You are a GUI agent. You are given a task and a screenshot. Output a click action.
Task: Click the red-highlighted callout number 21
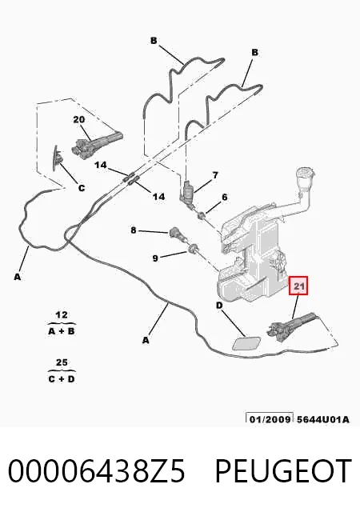coord(298,286)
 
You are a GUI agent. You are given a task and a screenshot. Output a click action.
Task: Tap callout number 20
coord(78,119)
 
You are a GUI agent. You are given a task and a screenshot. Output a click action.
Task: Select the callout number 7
coord(215,175)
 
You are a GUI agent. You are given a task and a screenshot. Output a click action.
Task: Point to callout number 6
coord(225,198)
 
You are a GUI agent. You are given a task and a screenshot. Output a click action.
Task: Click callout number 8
coord(134,230)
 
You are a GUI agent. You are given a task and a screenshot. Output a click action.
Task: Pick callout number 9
coord(155,258)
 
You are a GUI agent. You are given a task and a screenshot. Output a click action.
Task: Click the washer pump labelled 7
coord(187,192)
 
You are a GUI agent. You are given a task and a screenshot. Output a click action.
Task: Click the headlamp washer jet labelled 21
coord(291,326)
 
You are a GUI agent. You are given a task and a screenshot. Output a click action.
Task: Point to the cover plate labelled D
coord(246,343)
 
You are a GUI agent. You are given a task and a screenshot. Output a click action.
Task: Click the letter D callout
coord(219,306)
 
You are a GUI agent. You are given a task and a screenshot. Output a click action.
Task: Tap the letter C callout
coord(82,188)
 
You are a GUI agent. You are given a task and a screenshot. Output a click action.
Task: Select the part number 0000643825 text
coord(96,470)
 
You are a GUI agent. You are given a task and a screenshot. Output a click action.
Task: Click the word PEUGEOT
coord(283,470)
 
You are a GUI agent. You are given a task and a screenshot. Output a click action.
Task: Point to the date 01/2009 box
coord(270,418)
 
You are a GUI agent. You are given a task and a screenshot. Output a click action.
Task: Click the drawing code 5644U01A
coord(322,419)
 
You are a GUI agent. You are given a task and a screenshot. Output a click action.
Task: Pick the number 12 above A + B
coord(62,315)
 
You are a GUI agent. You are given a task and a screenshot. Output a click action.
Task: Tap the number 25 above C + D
coord(62,362)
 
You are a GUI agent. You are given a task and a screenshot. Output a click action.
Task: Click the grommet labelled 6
coord(202,215)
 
